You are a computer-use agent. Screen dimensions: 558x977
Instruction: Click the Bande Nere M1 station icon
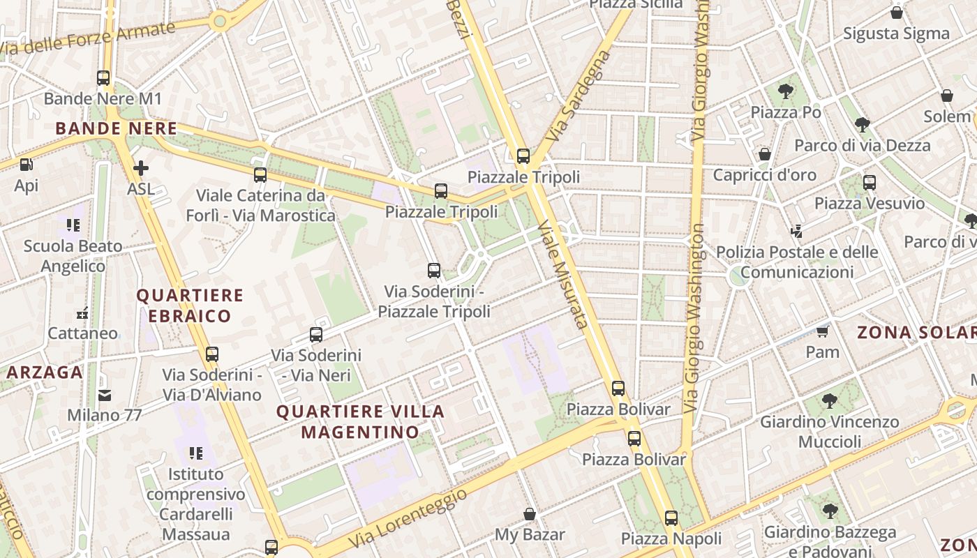point(103,78)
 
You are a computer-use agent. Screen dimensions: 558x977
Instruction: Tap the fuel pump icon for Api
point(27,165)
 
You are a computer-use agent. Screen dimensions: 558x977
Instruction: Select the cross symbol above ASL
point(140,168)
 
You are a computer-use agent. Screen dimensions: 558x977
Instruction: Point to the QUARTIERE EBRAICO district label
point(189,306)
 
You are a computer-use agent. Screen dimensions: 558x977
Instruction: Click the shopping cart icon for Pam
point(823,331)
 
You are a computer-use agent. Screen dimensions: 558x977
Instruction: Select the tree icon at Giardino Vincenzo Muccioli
point(829,401)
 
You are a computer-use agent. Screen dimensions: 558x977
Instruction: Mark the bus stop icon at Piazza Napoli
point(671,518)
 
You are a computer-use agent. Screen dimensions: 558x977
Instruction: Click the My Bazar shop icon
point(530,514)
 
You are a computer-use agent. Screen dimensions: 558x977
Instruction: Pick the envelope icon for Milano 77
point(104,395)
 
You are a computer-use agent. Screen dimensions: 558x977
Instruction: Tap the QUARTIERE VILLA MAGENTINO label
point(360,421)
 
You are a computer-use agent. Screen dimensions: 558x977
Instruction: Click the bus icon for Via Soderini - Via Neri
point(316,335)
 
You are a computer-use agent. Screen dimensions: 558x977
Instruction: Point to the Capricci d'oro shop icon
point(765,154)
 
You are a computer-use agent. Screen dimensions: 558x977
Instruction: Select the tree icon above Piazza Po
point(785,91)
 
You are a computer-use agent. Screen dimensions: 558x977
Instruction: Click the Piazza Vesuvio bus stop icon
point(869,183)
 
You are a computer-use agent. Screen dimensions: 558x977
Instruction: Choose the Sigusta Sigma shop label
point(896,33)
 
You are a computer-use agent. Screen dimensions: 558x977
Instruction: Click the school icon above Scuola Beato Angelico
point(73,225)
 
